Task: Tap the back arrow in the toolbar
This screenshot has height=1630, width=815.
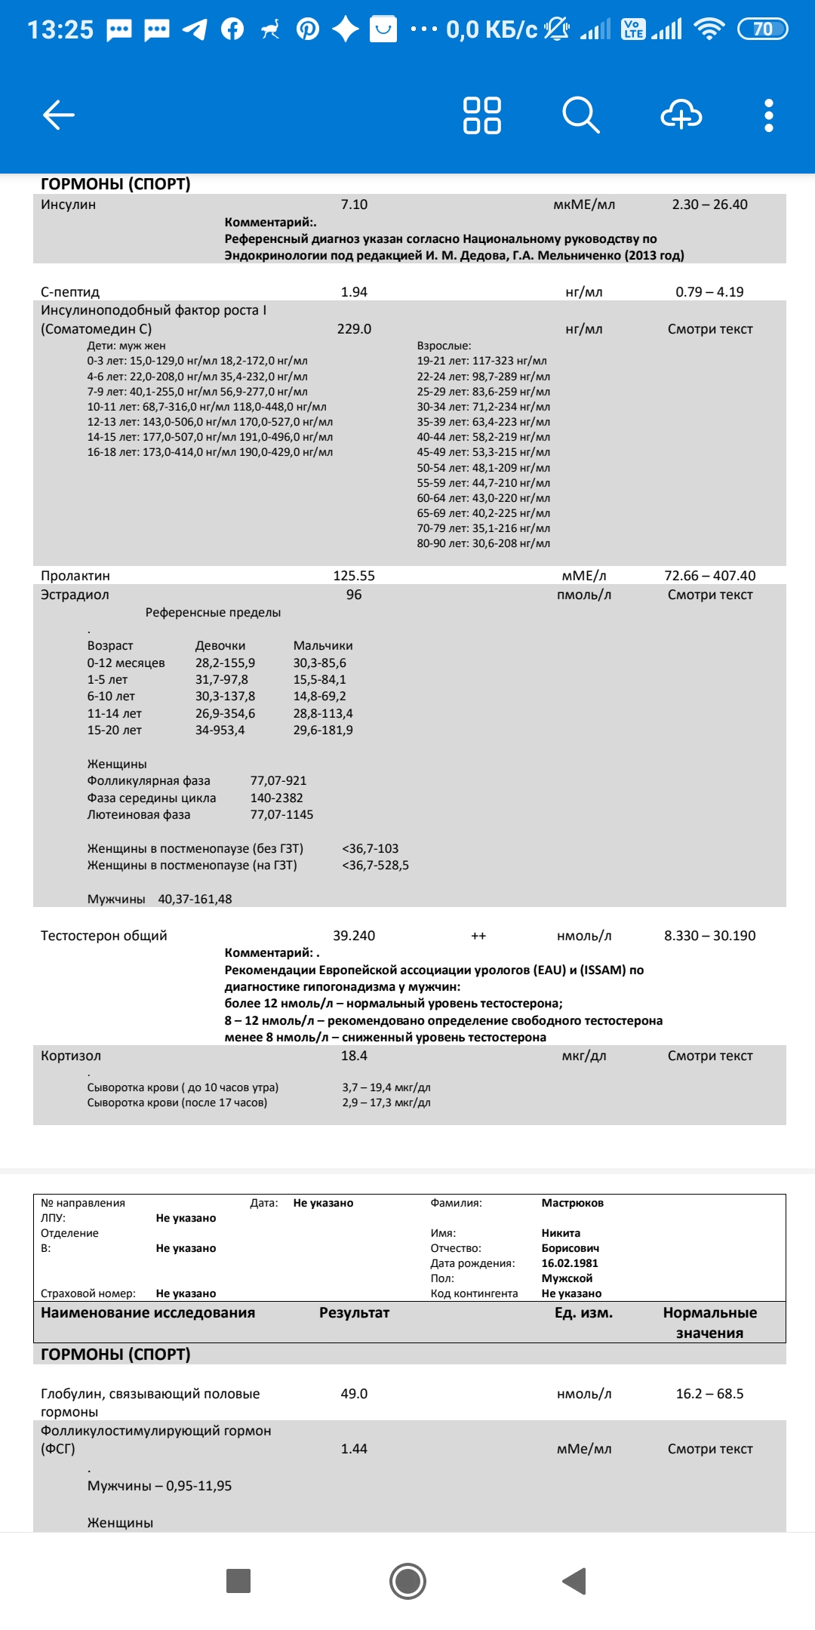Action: point(59,115)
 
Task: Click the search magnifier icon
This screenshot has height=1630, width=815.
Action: point(580,115)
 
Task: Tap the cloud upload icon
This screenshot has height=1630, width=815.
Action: point(681,115)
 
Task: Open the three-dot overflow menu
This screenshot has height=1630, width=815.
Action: point(768,115)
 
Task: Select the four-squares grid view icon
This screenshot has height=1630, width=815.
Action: point(481,115)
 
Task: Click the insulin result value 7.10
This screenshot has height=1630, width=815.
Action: point(354,205)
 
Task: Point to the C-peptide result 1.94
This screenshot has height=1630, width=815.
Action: point(354,292)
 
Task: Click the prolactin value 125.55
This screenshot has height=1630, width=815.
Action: point(354,576)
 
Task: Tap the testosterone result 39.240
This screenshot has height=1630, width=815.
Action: point(354,936)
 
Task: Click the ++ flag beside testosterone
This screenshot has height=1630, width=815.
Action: point(478,936)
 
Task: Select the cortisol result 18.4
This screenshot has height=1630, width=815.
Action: point(354,1056)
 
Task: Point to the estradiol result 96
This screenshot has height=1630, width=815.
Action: point(354,595)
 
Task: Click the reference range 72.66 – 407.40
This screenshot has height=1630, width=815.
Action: point(709,576)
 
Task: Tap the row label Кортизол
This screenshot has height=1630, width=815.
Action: point(71,1056)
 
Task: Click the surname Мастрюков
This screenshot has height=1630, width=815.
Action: point(572,1203)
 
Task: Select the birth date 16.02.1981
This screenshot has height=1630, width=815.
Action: point(570,1263)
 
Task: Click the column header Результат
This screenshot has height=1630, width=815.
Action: point(354,1313)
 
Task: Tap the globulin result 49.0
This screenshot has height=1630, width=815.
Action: point(354,1394)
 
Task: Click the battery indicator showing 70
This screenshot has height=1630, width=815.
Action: point(762,29)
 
